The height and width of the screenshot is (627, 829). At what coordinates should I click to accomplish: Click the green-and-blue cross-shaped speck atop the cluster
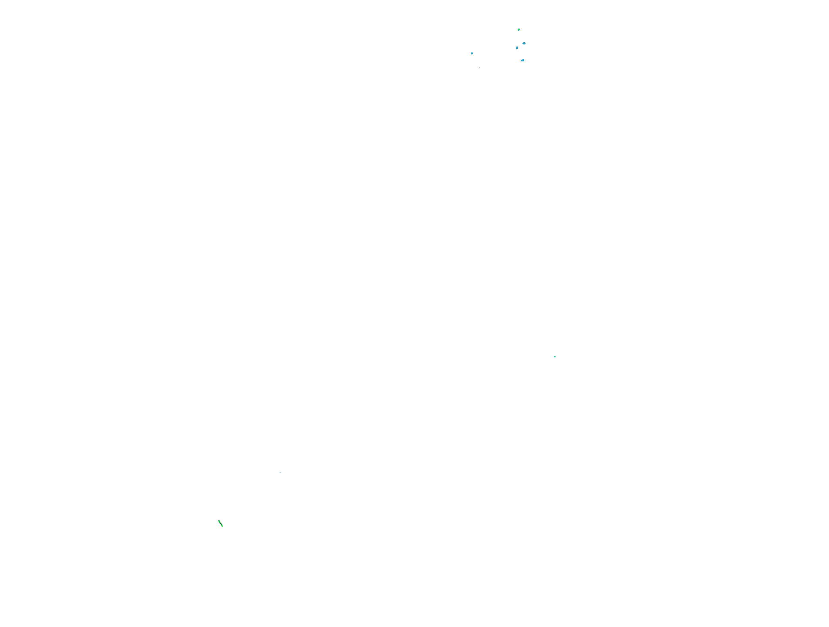tap(519, 30)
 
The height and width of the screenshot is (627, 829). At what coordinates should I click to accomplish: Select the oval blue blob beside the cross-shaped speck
tap(524, 44)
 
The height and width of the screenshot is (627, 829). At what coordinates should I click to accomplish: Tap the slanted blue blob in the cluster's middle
tap(517, 47)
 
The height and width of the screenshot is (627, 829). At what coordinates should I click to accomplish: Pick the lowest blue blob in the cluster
tap(522, 60)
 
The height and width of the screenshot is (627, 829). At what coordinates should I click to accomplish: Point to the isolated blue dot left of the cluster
tap(472, 53)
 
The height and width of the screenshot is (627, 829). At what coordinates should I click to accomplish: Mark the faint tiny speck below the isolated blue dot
tap(479, 68)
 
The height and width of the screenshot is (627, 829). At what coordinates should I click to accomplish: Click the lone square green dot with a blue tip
tap(555, 357)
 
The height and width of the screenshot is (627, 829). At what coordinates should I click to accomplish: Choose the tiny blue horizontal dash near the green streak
tap(280, 473)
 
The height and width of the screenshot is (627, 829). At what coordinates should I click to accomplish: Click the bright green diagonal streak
tap(220, 523)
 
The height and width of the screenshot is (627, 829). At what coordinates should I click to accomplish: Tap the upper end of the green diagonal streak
tap(219, 521)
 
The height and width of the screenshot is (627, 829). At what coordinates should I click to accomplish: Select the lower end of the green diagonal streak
tap(222, 526)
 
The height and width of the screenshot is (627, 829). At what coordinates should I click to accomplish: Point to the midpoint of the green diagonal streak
tap(220, 523)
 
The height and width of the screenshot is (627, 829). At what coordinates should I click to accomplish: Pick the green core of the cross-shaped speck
tap(519, 30)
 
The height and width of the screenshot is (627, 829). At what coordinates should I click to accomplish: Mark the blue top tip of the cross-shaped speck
tap(519, 28)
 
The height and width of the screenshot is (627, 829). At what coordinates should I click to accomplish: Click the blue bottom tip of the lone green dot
tap(555, 358)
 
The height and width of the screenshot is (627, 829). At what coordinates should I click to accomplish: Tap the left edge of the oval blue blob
tap(522, 44)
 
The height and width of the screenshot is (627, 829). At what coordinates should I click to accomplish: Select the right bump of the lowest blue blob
tap(524, 60)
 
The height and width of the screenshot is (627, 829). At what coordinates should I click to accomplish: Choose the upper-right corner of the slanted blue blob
tap(518, 47)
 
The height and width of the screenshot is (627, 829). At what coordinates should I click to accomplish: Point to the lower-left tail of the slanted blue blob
tap(516, 49)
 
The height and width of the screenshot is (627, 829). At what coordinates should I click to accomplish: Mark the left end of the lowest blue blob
tap(521, 61)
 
